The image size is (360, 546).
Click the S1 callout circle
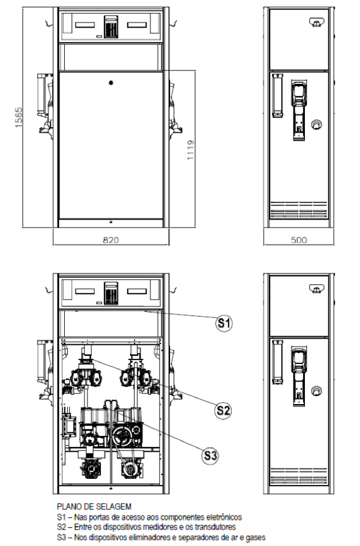[224, 323]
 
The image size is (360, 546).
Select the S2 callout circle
[223, 411]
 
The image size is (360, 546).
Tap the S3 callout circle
[210, 456]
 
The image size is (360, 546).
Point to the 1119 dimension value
[191, 150]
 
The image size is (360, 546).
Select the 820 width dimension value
[111, 240]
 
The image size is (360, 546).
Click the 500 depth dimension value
[299, 240]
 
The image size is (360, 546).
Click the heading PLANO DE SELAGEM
[94, 506]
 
